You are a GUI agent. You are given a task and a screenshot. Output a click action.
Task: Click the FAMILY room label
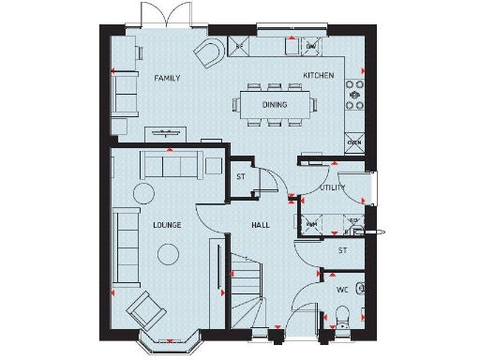167,79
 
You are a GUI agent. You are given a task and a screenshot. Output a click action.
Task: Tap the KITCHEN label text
318,75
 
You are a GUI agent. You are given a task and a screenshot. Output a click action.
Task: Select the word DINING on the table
275,105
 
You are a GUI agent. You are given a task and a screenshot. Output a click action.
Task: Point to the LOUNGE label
167,225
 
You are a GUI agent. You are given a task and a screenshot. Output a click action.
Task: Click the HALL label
261,225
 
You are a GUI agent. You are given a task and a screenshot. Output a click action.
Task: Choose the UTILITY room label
333,187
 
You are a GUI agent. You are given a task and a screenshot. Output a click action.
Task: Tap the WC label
342,289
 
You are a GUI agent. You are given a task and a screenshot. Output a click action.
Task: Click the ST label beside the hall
241,176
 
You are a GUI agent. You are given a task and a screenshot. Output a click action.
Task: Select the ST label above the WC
342,250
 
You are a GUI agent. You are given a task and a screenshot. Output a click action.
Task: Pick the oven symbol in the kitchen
354,142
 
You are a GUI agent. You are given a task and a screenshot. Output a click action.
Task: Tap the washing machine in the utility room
311,225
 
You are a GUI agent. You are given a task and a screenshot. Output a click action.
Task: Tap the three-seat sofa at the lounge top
170,166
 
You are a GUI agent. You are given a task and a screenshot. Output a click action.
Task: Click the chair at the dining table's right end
315,106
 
